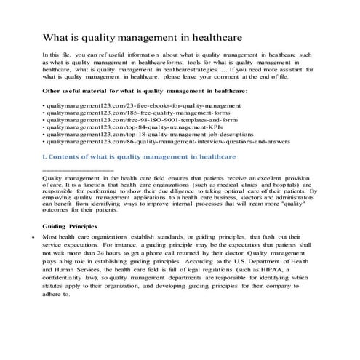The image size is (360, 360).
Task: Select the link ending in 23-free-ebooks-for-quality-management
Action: click(x=116, y=107)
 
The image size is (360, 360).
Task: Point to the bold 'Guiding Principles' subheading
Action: click(x=70, y=227)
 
